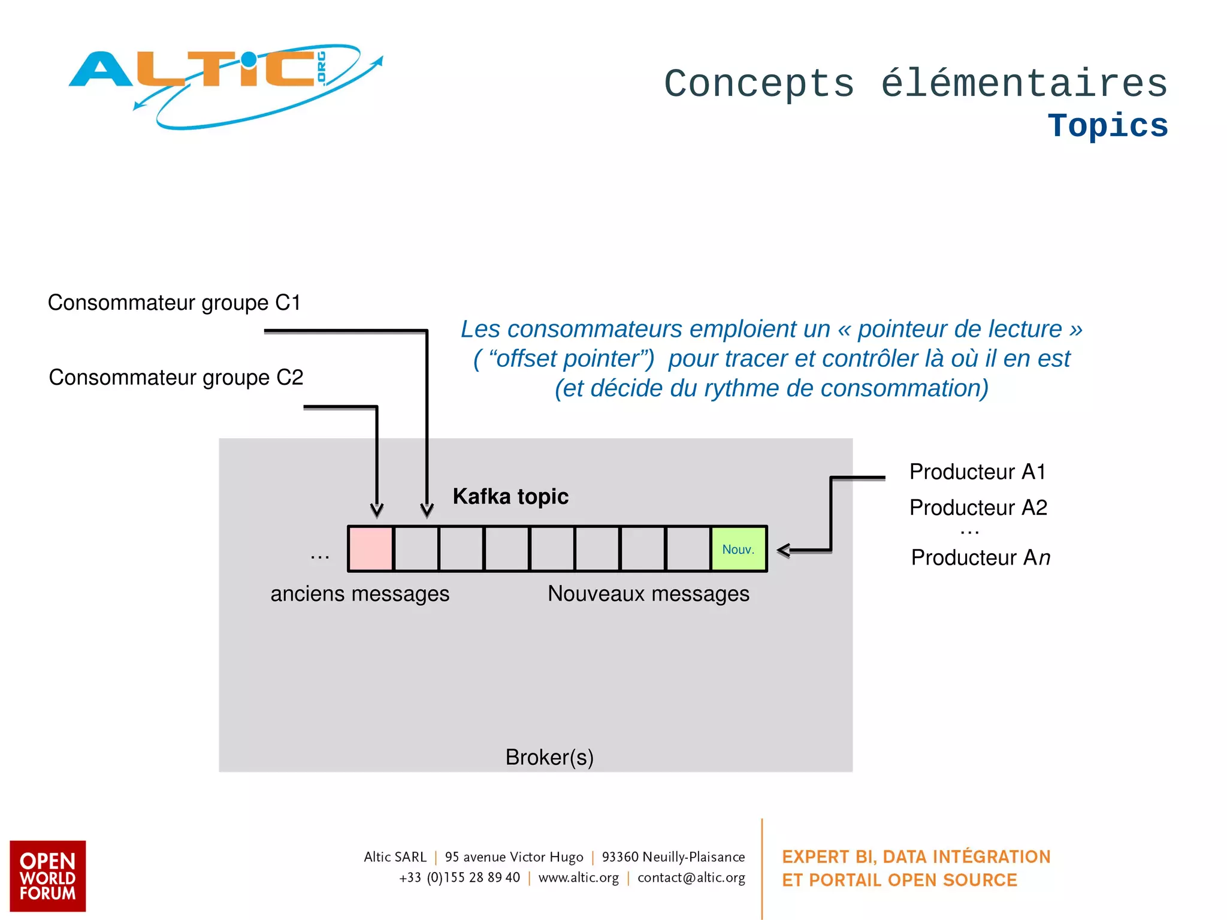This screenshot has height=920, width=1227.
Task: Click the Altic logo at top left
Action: pyautogui.click(x=225, y=84)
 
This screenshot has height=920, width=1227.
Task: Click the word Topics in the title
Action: pyautogui.click(x=1107, y=126)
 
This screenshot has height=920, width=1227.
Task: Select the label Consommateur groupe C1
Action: pyautogui.click(x=174, y=303)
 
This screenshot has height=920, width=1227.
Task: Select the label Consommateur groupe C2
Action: pyautogui.click(x=176, y=378)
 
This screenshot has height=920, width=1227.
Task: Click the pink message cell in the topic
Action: pyautogui.click(x=370, y=548)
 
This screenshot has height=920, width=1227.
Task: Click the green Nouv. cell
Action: pyautogui.click(x=738, y=549)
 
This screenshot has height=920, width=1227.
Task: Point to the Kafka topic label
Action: pyautogui.click(x=510, y=496)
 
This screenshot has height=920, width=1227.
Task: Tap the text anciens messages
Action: pyautogui.click(x=359, y=594)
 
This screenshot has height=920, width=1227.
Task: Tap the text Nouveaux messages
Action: pyautogui.click(x=648, y=594)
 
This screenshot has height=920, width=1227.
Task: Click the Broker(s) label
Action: pyautogui.click(x=549, y=758)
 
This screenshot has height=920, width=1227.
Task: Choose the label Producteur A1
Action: pyautogui.click(x=977, y=472)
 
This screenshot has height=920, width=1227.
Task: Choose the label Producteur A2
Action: pyautogui.click(x=978, y=508)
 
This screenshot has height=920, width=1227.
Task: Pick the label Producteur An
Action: pyautogui.click(x=980, y=557)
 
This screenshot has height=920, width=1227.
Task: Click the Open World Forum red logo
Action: pyautogui.click(x=48, y=876)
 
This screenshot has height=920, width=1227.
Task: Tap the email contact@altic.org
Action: pyautogui.click(x=691, y=877)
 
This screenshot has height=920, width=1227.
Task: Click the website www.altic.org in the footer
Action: pyautogui.click(x=578, y=877)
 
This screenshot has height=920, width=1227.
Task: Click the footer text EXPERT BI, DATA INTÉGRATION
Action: pyautogui.click(x=915, y=856)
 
